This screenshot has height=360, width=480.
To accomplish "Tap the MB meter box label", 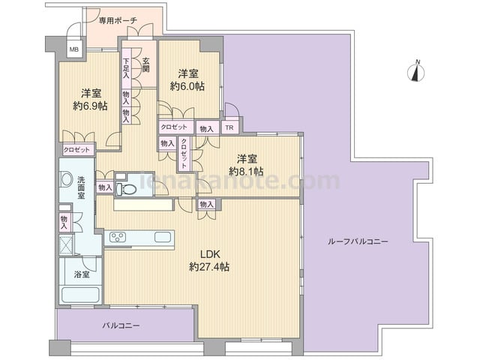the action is point(73,49).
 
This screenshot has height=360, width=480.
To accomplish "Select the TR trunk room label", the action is point(229,127).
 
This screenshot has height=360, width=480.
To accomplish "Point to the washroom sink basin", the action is point(65,178).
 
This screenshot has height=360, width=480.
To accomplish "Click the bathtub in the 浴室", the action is point(81,294).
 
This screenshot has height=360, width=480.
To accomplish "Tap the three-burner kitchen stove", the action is point(118,237).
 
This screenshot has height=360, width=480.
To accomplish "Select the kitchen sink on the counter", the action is point(163,237).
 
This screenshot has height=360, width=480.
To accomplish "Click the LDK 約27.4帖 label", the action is point(209,260).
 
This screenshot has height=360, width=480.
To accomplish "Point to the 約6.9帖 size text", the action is point(90,106).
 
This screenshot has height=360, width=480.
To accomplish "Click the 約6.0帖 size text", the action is point(187,86).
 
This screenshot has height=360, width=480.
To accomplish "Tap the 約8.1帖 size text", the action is point(247,171).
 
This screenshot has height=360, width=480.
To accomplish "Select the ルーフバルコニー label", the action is point(358,241).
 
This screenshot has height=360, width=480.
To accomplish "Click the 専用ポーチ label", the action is point(118,20).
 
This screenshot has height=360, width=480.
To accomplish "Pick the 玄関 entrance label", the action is point(145,64).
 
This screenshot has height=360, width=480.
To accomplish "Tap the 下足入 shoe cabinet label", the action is point(126,68).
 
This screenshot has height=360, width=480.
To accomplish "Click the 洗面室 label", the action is point(81,187).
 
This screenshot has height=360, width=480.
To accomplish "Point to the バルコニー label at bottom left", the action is point(121,325).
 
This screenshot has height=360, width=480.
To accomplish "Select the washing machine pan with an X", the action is point(66,245).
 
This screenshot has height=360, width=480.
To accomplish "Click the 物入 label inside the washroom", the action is point(64,223).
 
